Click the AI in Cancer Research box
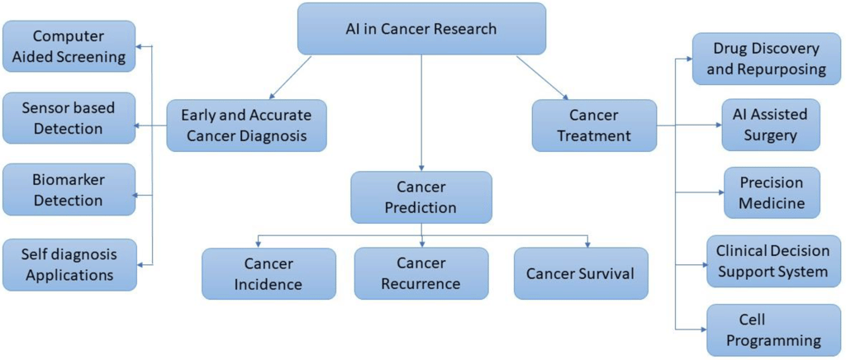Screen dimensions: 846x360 [421, 29]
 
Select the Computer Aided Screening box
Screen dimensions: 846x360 [69, 46]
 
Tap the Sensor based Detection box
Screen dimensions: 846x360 [69, 118]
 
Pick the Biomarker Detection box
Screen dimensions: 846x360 [69, 190]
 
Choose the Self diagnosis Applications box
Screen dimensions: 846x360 [69, 264]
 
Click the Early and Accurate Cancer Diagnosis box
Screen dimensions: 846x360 [246, 126]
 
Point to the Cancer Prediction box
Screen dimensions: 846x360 [421, 197]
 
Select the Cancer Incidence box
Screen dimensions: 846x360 [269, 273]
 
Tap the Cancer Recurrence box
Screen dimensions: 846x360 [421, 273]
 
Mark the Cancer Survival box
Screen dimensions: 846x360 [581, 273]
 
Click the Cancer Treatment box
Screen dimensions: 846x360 [594, 126]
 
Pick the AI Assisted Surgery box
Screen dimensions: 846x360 [771, 125]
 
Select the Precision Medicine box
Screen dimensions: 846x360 [772, 192]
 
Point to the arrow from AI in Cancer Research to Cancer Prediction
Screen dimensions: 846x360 [421, 113]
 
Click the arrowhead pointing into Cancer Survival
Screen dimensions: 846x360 [587, 244]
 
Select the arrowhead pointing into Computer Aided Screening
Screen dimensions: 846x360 [139, 46]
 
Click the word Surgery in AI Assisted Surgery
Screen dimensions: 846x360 [771, 135]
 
